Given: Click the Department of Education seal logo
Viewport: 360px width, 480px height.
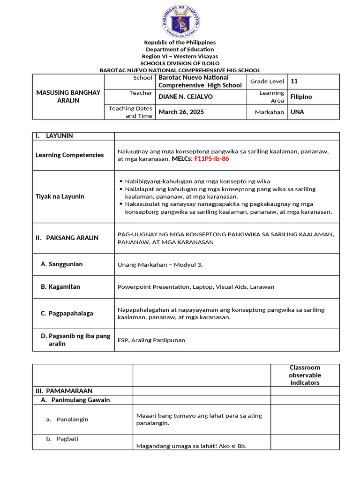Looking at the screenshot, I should pos(180,22).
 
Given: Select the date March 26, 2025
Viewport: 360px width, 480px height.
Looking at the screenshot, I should pos(181,112).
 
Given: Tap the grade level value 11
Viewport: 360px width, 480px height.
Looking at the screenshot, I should pos(294,81).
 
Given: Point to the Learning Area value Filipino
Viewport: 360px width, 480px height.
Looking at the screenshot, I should pos(301,97).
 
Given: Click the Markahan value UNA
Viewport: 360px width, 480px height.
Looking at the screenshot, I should pos(297,112).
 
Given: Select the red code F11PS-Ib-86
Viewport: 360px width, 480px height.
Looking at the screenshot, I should pos(211,159).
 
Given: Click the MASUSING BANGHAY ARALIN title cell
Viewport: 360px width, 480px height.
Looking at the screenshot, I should pos(68,97).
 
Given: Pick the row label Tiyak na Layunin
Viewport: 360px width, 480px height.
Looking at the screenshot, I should pos(60,196).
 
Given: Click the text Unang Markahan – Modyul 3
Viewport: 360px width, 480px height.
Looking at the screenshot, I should pos(160,265).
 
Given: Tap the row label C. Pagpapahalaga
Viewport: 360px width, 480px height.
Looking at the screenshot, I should pos(67,314).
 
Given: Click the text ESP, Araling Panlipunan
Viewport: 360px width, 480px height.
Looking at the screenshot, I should pos(151,340).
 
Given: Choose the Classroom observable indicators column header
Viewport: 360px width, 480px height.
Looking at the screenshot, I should pos(305,375).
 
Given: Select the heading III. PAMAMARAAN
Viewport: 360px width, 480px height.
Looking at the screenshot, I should pos(64,391).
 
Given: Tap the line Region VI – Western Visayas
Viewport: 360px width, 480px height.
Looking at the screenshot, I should pos(180,56).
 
